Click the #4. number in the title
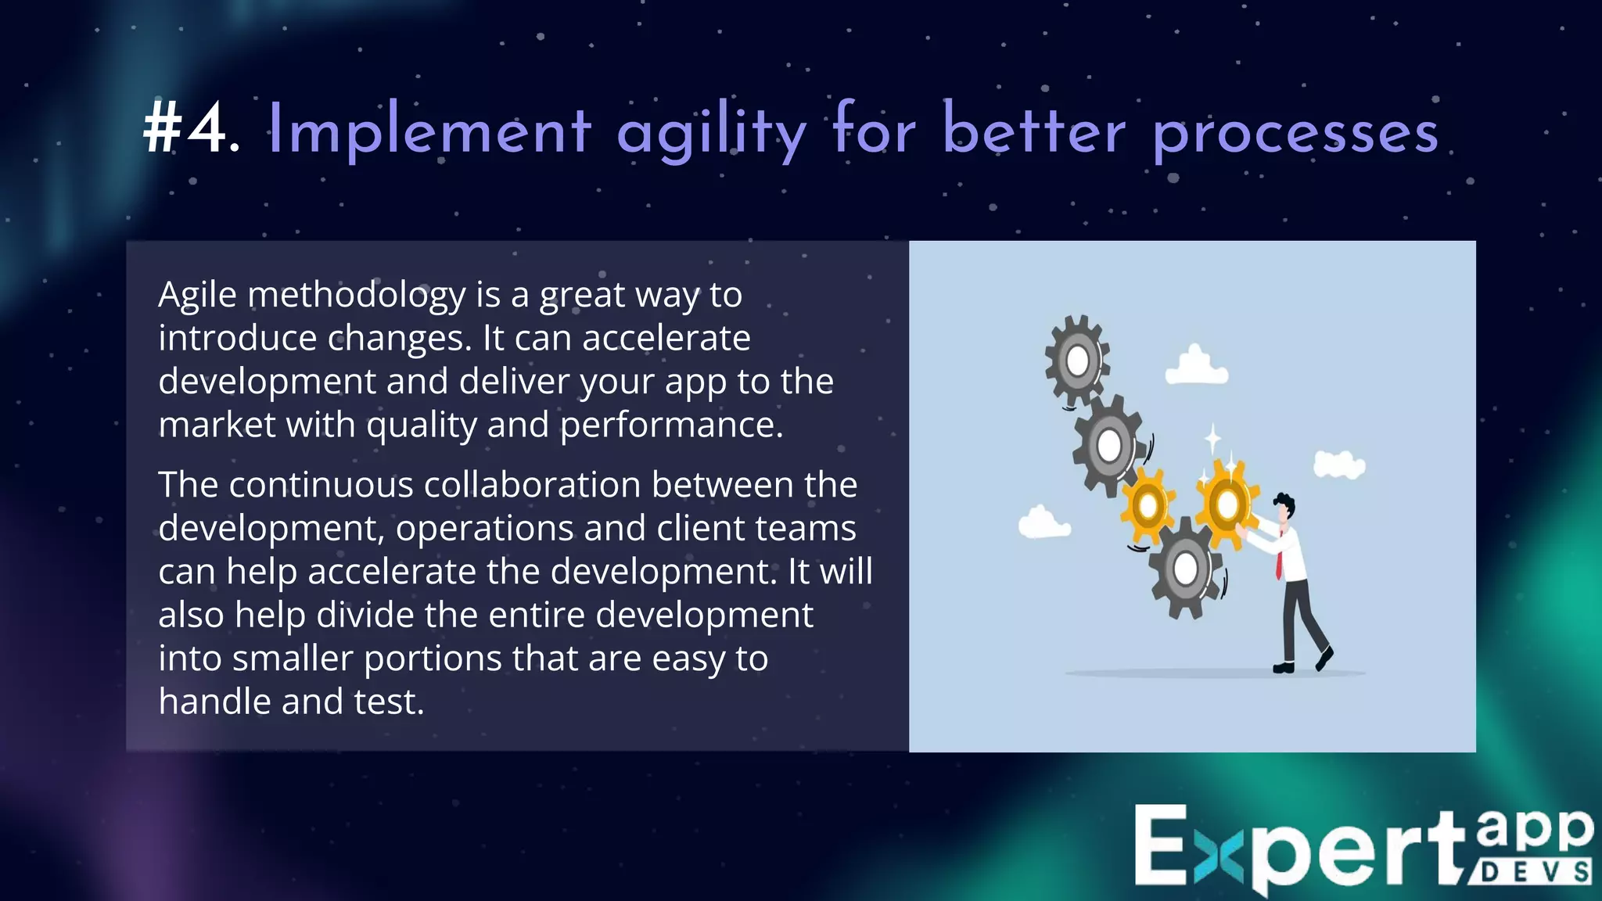(190, 129)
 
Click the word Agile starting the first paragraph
(197, 296)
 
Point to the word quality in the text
(421, 425)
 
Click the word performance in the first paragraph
(670, 425)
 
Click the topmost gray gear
(1077, 361)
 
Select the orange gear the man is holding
(1227, 504)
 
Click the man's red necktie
(1278, 555)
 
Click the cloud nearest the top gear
(1195, 366)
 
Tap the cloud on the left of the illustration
(1043, 522)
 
